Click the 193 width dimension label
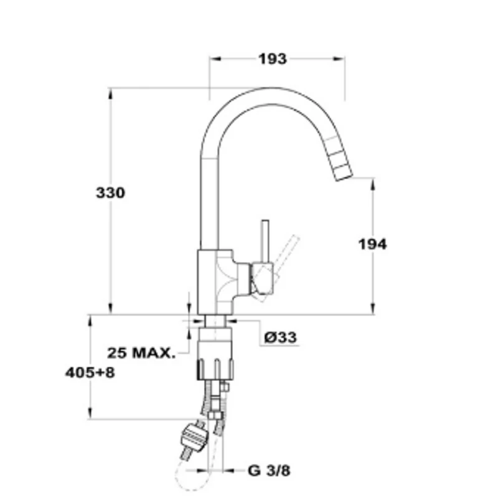[273, 59]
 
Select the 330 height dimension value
[111, 193]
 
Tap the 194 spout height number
[372, 244]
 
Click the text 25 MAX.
[141, 353]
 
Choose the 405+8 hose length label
[90, 372]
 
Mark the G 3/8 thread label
[269, 471]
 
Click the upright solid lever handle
[265, 242]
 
